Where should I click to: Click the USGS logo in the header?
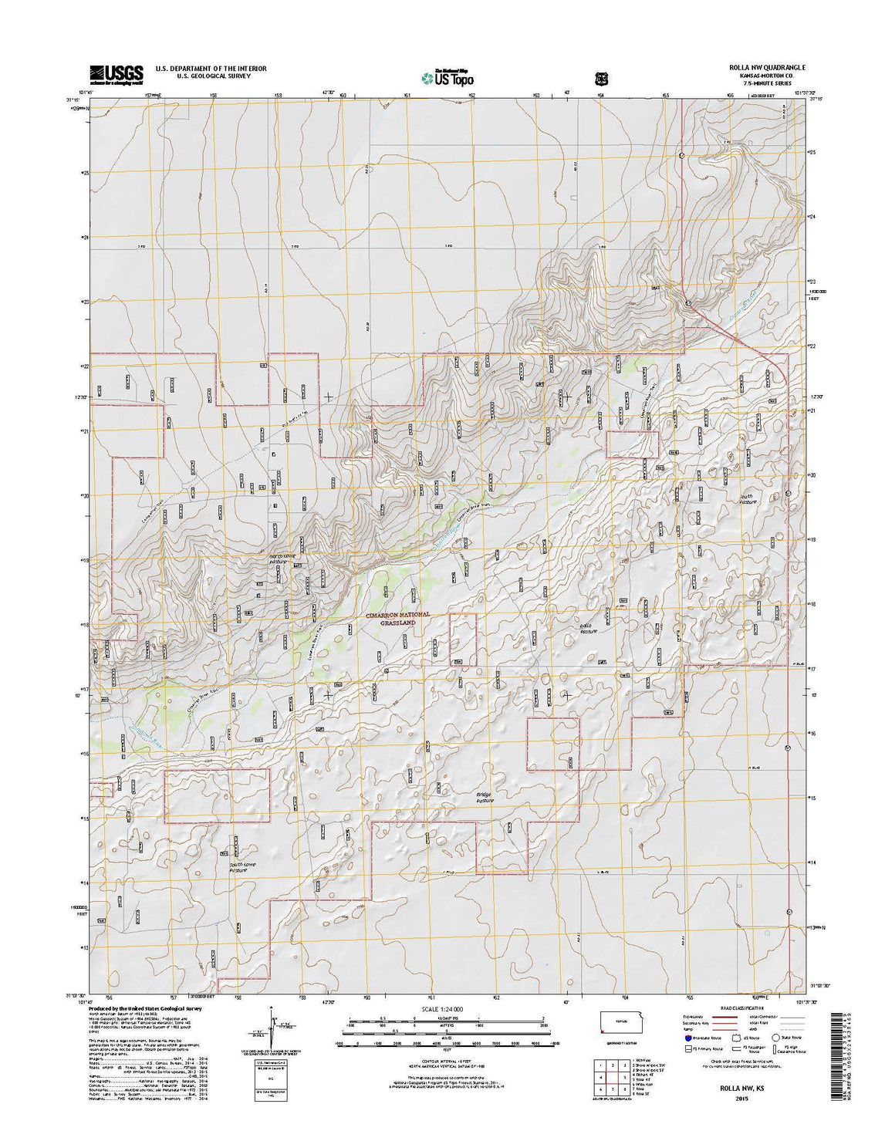(x=117, y=74)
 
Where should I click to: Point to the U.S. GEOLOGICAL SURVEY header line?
(x=211, y=77)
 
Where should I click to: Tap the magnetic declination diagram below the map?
(x=272, y=1026)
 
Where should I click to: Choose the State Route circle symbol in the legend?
(x=777, y=1038)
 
